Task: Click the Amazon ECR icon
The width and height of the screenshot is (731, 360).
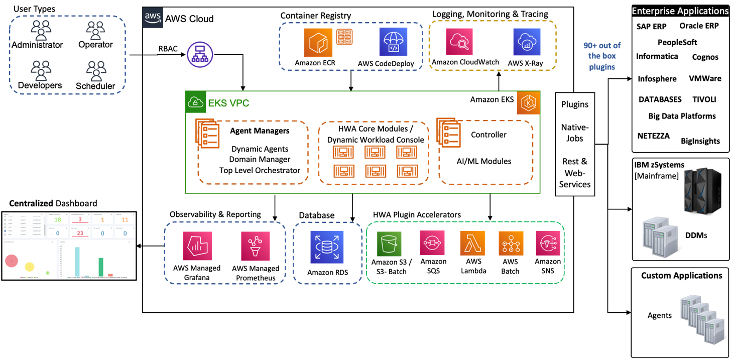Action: pyautogui.click(x=318, y=43)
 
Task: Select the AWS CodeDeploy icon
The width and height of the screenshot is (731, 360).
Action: pyautogui.click(x=393, y=43)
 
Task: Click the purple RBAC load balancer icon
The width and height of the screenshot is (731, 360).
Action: pyautogui.click(x=200, y=55)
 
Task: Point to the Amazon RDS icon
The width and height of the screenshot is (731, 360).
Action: pyautogui.click(x=327, y=247)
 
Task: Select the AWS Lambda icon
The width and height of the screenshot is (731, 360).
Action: pyautogui.click(x=472, y=244)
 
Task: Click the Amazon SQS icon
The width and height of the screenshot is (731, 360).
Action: pyautogui.click(x=433, y=244)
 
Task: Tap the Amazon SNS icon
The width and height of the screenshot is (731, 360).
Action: pyautogui.click(x=548, y=244)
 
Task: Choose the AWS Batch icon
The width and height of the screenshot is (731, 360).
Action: pyautogui.click(x=511, y=244)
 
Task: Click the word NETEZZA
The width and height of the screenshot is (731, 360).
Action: pyautogui.click(x=653, y=136)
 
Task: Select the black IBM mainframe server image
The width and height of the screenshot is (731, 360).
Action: pyautogui.click(x=699, y=191)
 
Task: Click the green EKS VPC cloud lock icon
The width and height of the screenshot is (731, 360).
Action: pyautogui.click(x=196, y=103)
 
